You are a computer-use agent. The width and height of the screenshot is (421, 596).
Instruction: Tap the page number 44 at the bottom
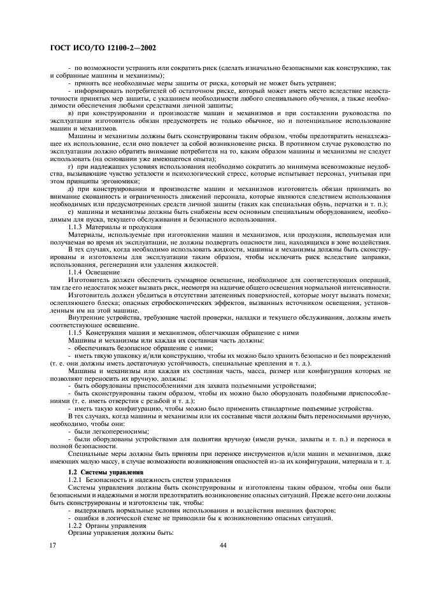coord(223,545)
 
